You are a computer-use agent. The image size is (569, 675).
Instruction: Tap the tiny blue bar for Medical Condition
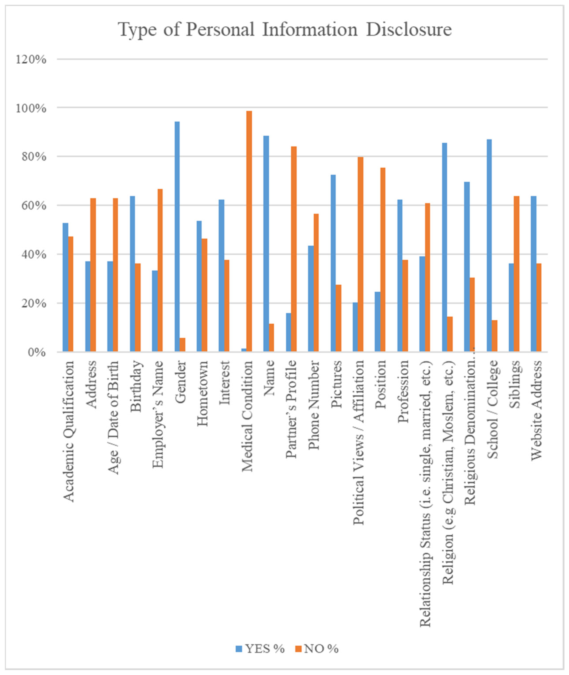click(x=244, y=350)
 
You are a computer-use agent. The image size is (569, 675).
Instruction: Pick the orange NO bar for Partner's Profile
click(x=294, y=249)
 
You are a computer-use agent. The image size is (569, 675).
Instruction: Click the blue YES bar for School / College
click(x=489, y=245)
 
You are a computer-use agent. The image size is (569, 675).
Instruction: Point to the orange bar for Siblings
click(x=517, y=274)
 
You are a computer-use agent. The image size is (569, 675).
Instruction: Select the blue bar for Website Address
click(x=533, y=274)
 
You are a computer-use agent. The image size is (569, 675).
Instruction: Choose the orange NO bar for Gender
click(x=182, y=345)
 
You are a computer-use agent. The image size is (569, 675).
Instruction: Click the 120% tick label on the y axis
click(x=31, y=60)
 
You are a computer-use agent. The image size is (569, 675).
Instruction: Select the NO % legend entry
click(x=317, y=649)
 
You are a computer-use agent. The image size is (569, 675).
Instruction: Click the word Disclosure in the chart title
click(x=409, y=30)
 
